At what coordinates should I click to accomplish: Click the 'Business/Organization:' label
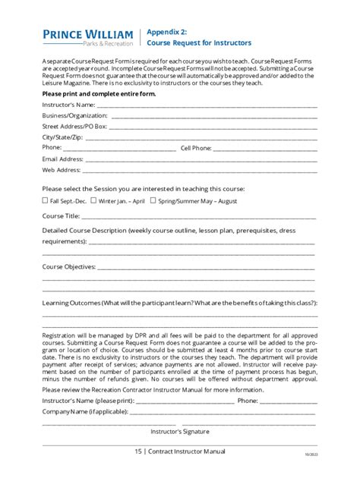pos(74,115)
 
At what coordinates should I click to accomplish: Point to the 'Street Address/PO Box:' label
pos(74,126)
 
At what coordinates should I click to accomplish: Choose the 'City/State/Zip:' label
pos(63,137)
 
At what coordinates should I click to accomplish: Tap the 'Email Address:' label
pos(62,159)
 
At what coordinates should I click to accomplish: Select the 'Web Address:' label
pos(60,170)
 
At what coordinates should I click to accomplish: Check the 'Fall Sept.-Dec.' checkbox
pos(45,201)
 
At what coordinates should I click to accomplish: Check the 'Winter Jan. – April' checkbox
pos(93,201)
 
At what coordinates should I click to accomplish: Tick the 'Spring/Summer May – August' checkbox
pos(153,201)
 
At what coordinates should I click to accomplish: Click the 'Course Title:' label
pos(61,216)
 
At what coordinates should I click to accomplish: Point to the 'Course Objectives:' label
pos(69,267)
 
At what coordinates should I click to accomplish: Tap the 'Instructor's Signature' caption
pos(179,431)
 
